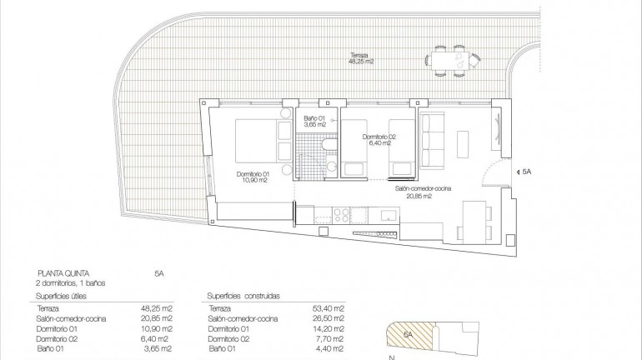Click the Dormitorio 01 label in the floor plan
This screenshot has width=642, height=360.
255,177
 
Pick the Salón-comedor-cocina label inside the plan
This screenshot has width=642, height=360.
423,192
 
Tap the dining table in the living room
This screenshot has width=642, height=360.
473,222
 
